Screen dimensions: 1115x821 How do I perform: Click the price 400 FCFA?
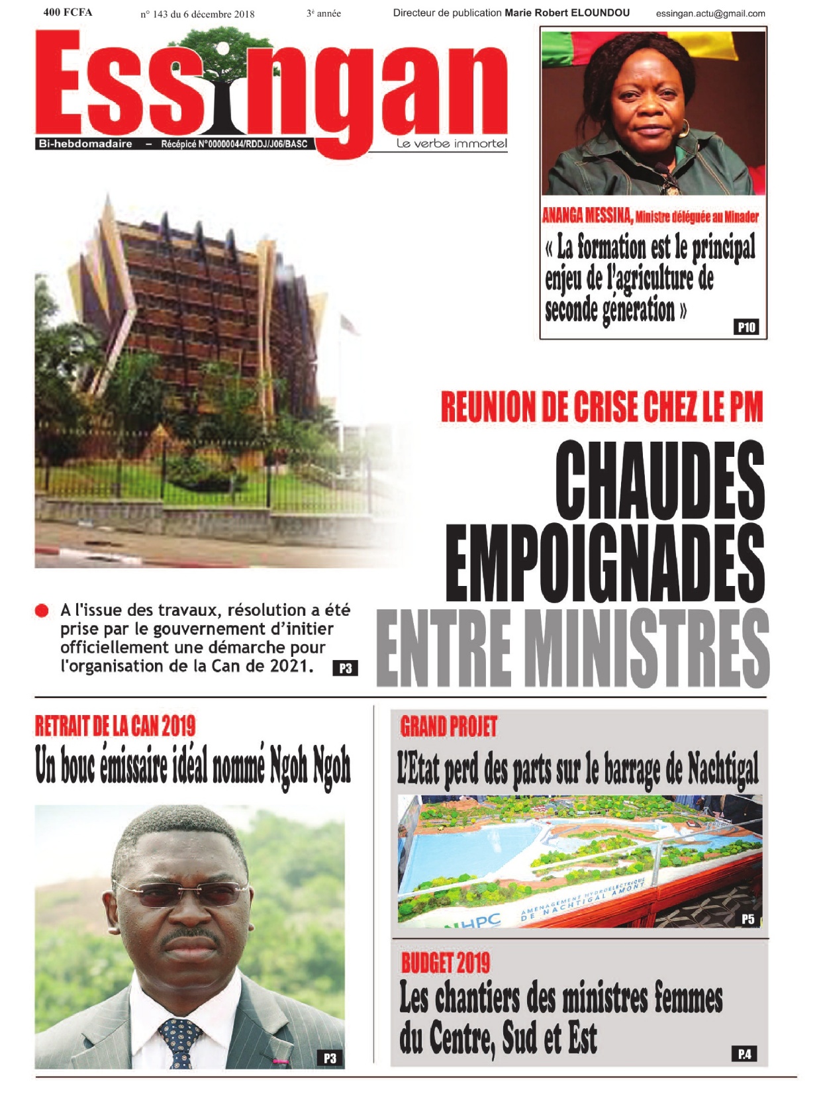click(68, 12)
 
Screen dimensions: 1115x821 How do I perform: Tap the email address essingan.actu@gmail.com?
click(710, 13)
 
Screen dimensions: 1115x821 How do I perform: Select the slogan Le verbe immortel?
click(452, 144)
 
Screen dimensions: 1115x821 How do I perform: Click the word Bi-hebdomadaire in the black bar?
click(85, 144)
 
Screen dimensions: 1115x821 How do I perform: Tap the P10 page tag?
click(746, 327)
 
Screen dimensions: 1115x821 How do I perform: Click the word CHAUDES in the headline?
click(659, 481)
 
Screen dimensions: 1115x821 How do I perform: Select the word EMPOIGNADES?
click(605, 563)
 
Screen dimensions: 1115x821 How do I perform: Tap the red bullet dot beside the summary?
click(42, 610)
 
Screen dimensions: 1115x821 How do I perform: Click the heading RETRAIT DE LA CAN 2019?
click(115, 726)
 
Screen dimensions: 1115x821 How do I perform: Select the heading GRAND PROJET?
click(448, 727)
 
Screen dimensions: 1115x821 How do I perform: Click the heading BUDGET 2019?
click(446, 963)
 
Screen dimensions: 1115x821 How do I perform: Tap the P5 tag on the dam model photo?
click(748, 919)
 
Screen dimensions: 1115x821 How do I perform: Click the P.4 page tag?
click(744, 1053)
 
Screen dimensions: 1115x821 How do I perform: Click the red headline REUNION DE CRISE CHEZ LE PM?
click(602, 407)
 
